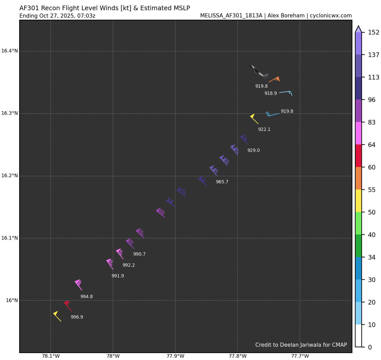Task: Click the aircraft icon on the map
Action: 258,72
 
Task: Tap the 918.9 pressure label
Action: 270,94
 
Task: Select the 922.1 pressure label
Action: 264,130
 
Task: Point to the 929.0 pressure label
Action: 253,151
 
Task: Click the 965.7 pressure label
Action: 222,182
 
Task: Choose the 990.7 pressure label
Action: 139,254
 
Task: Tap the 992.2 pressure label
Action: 128,265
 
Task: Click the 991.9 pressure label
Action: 117,276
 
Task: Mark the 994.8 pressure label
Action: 86,297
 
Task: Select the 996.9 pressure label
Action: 77,317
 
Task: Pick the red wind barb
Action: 68,306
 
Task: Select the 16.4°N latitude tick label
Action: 9,51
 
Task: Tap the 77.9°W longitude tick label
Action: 175,356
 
